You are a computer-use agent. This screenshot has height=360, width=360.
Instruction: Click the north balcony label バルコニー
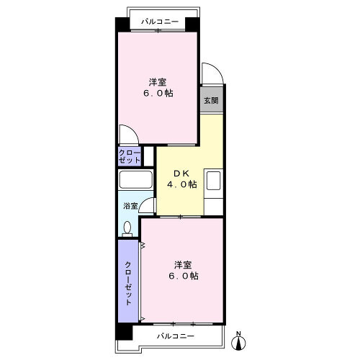(x=160, y=22)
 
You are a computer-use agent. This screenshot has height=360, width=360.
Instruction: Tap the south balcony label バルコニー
(x=176, y=336)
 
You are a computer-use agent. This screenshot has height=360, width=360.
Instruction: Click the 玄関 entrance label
(x=211, y=100)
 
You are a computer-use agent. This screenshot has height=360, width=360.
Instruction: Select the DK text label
(x=181, y=174)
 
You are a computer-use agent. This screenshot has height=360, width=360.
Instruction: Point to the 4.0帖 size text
(x=182, y=184)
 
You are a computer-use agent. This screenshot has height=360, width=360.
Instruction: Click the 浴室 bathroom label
(x=130, y=206)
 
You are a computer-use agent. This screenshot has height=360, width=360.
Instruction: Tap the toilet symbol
(x=127, y=229)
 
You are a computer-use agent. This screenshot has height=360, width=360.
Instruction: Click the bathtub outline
(x=135, y=179)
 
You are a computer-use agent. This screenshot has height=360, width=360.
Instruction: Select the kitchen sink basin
(x=214, y=181)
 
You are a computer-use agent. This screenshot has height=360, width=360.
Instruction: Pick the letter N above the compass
(x=238, y=333)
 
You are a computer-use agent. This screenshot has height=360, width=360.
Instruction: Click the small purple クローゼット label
(x=130, y=156)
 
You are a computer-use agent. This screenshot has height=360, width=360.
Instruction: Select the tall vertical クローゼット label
(x=128, y=284)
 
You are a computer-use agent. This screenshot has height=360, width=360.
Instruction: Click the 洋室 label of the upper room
(x=158, y=82)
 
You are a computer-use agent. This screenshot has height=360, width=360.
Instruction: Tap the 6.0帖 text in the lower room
(x=184, y=276)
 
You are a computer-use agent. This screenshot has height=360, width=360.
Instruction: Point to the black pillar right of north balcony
(x=192, y=24)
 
